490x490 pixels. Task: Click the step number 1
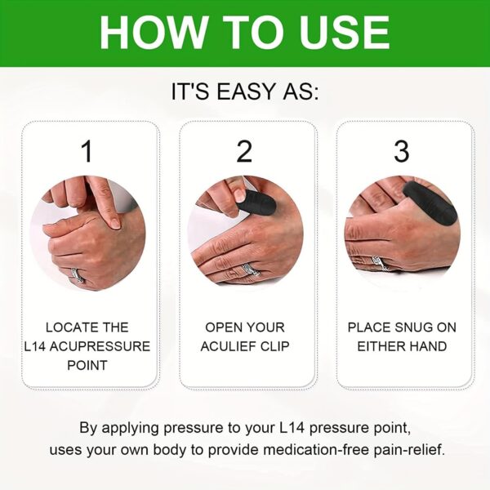(x=88, y=152)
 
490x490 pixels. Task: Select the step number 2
(x=244, y=152)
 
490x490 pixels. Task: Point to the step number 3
(x=401, y=152)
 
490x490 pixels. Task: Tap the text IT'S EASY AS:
(x=245, y=91)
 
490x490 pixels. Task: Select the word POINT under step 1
(x=88, y=365)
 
